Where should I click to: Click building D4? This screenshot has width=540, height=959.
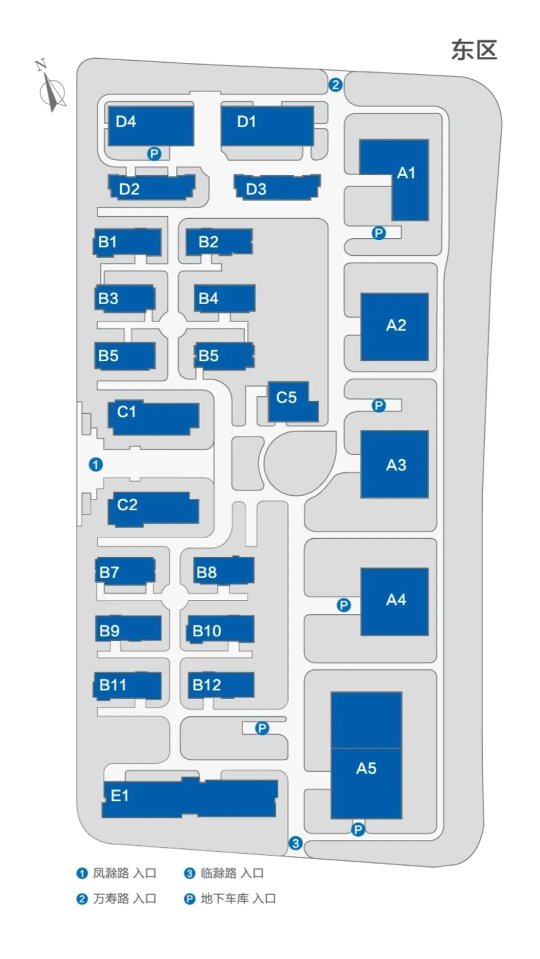pos(150,125)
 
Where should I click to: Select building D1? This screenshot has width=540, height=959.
pos(267,125)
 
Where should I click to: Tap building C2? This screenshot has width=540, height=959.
pos(152,508)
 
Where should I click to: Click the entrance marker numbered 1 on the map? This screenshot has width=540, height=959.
pos(95,464)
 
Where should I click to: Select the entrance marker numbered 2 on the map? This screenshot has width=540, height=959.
pos(335,85)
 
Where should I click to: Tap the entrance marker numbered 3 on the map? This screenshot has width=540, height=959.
pos(295,843)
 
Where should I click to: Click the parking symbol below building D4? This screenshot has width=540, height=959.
pos(154,154)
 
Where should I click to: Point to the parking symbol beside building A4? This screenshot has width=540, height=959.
pos(343,605)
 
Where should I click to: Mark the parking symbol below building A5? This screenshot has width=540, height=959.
pos(357,830)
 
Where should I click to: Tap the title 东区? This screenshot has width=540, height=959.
pos(473,51)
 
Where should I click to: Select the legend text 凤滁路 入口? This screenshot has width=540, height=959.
pos(124,873)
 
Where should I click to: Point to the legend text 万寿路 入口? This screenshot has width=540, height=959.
pos(124,898)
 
